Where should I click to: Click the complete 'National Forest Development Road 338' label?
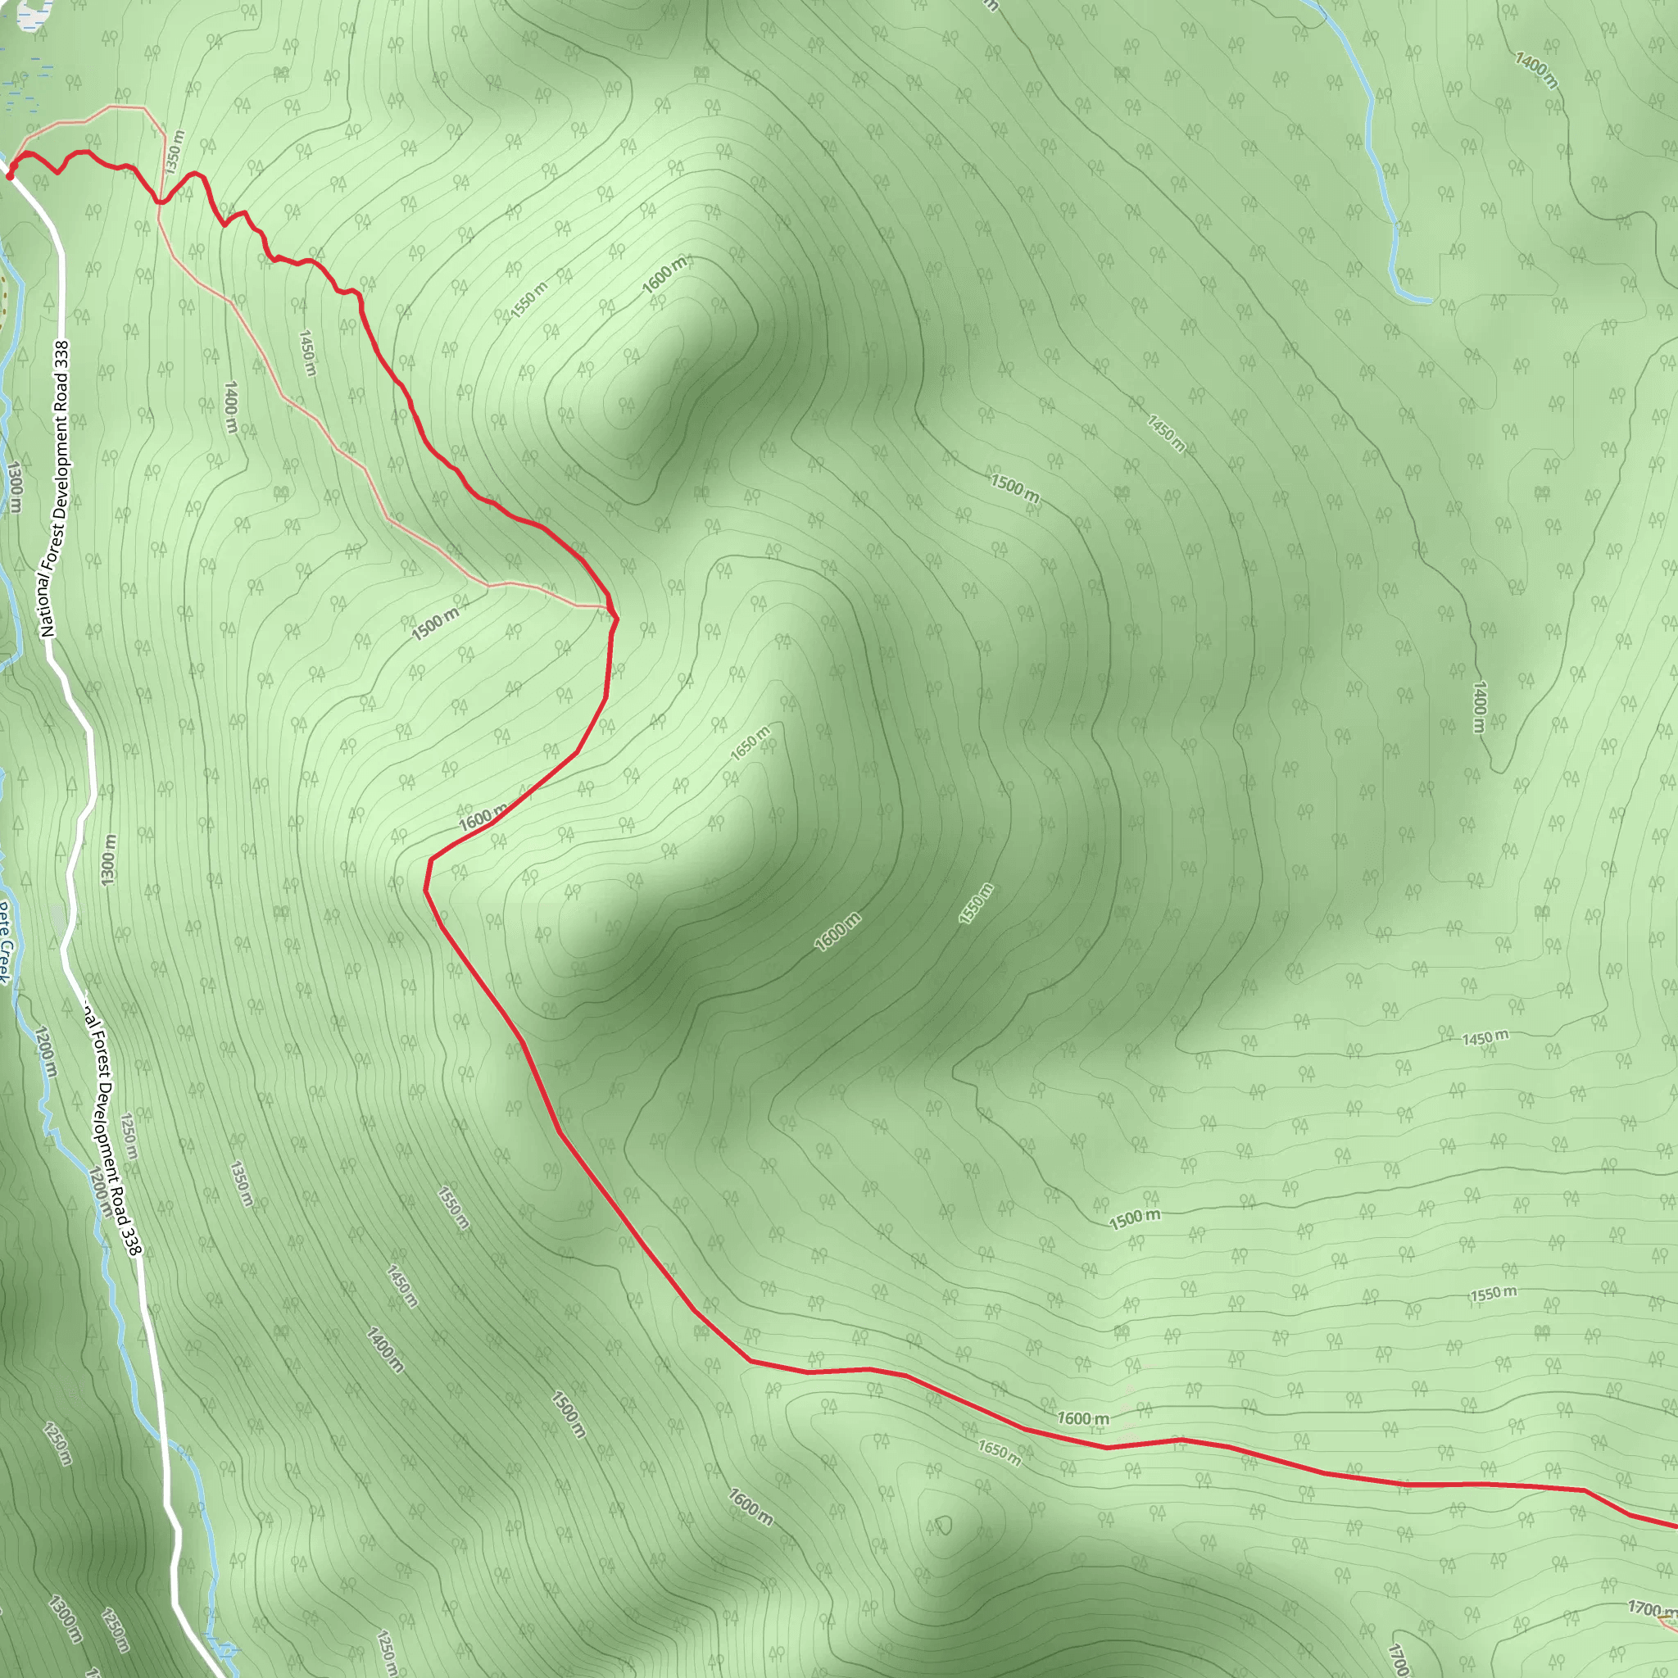(55, 488)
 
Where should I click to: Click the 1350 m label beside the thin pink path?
(175, 152)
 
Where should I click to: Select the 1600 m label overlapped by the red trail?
(481, 816)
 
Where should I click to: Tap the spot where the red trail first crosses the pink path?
(160, 202)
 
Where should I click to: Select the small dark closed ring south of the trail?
(943, 1525)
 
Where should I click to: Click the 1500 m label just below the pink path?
(434, 624)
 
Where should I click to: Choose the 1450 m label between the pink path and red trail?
(307, 352)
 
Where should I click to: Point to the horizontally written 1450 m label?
(1485, 1037)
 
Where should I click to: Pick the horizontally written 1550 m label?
(1493, 1293)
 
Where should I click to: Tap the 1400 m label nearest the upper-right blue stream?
(1535, 70)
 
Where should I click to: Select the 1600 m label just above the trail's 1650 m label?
(1082, 1418)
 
